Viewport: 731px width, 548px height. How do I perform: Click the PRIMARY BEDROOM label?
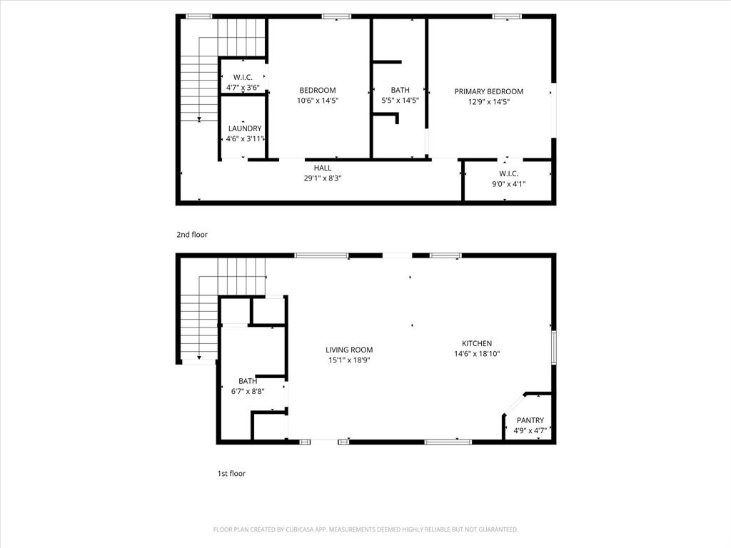(x=489, y=91)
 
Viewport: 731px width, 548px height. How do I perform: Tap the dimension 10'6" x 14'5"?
(x=318, y=101)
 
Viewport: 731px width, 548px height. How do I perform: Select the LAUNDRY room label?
(x=244, y=128)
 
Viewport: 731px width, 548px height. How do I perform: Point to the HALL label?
(x=323, y=168)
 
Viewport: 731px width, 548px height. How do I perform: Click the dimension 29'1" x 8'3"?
(x=323, y=178)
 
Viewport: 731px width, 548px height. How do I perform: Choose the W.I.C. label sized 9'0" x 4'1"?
(x=508, y=173)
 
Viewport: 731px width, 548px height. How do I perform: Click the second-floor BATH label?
(x=400, y=90)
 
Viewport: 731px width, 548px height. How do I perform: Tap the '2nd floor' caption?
(x=192, y=234)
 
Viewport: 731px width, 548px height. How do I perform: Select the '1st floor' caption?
(x=231, y=473)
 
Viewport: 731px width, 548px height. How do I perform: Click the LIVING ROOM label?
(x=349, y=350)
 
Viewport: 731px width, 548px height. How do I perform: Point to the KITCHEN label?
(x=476, y=343)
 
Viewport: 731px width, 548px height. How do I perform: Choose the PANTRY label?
(x=530, y=420)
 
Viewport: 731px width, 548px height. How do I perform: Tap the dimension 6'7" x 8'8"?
(x=248, y=392)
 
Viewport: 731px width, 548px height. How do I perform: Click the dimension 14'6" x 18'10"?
(x=476, y=354)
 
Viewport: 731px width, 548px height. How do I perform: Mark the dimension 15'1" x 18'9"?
(x=349, y=360)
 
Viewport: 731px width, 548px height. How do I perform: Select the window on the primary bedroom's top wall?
(x=507, y=16)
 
